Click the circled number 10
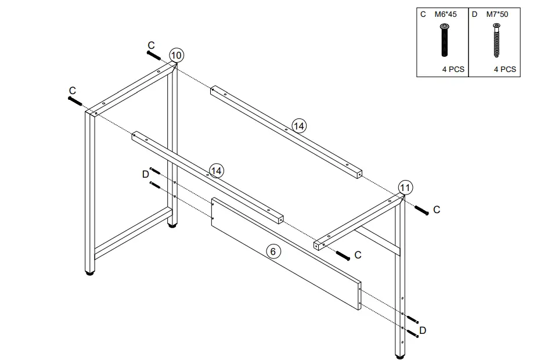click(177, 56)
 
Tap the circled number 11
click(405, 187)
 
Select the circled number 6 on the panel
click(273, 251)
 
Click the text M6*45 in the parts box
click(445, 14)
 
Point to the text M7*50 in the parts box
click(497, 14)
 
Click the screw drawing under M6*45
click(445, 40)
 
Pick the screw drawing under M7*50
click(497, 40)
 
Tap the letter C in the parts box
click(424, 14)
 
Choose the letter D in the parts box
click(474, 14)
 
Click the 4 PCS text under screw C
click(453, 69)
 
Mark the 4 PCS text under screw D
click(505, 69)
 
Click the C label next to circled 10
click(151, 45)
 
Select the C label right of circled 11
click(437, 210)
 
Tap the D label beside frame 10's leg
click(145, 174)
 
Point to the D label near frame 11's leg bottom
click(423, 330)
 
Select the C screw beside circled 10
click(153, 55)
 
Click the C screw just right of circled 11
click(421, 210)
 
